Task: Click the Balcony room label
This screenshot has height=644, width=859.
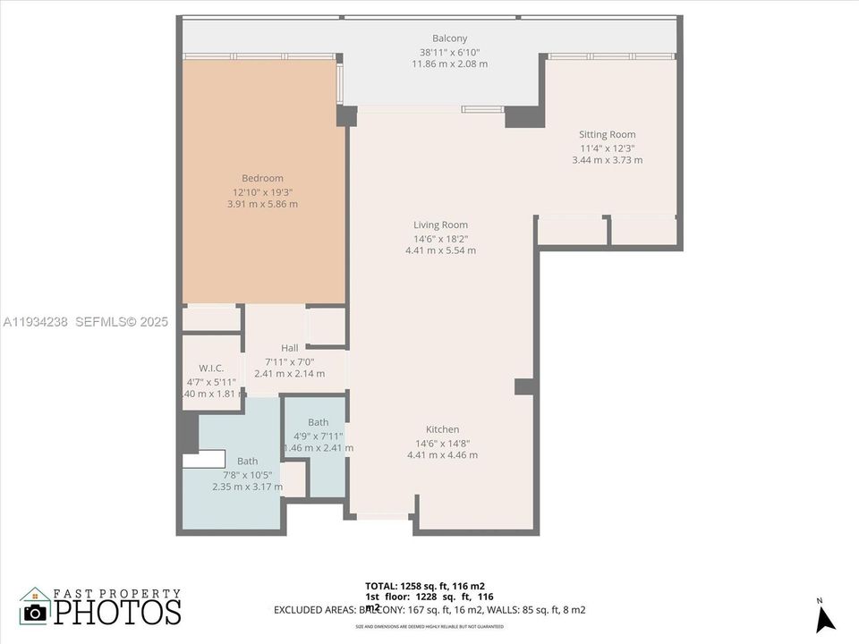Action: coord(449,38)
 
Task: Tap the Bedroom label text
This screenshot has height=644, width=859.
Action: coord(262,178)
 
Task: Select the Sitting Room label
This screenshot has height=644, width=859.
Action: coord(607,135)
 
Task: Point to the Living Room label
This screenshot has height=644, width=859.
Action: coord(440,225)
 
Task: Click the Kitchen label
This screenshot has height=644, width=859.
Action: coord(442,429)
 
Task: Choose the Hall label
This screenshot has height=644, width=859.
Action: coord(289,348)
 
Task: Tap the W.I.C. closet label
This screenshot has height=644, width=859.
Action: coord(211,369)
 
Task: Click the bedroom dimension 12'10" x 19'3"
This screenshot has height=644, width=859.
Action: coord(262,191)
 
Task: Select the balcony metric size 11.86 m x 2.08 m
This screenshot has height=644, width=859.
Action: coord(449,64)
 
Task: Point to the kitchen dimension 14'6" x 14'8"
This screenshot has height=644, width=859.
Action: coord(442,443)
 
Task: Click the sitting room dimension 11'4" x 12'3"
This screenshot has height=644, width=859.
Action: coord(607,148)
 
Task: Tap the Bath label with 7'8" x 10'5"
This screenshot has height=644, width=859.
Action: coord(247,462)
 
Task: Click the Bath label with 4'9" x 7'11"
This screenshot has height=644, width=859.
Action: coord(318,422)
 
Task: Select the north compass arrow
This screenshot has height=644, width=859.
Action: coord(825,618)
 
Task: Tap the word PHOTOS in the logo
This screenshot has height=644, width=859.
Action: coord(116,612)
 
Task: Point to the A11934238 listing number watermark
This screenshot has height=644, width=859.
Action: coord(36,321)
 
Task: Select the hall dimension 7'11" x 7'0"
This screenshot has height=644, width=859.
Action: coord(289,360)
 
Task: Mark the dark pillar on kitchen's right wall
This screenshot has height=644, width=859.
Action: coord(525,386)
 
